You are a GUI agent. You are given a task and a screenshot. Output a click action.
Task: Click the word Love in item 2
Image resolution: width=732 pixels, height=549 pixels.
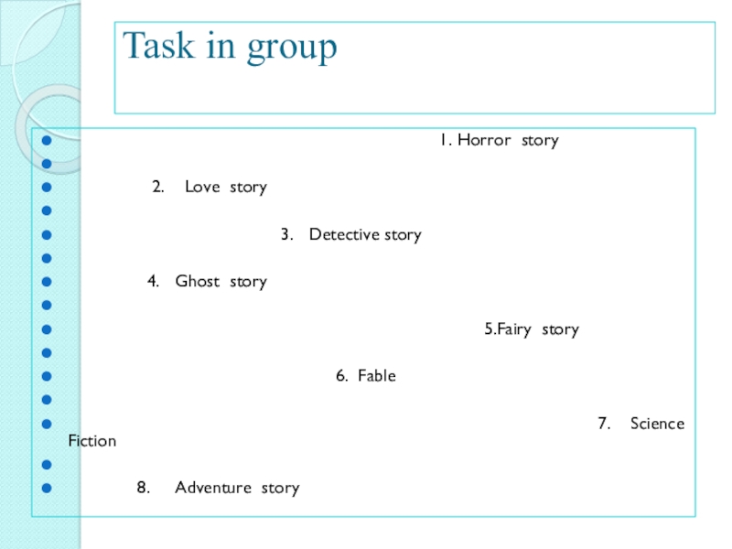coord(202,188)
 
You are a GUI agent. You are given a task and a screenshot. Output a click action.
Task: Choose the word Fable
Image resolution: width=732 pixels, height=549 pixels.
coord(377,376)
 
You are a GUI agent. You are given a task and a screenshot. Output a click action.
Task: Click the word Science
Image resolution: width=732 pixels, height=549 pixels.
coord(657,424)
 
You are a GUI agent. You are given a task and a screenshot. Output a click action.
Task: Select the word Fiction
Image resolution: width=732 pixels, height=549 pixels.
coord(92,441)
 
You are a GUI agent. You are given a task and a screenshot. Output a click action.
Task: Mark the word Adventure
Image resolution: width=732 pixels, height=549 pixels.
coord(213,488)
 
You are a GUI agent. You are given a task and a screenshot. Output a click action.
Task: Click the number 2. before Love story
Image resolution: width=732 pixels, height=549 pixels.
coord(157,188)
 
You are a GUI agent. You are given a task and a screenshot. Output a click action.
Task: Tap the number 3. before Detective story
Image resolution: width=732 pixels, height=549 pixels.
coord(286,234)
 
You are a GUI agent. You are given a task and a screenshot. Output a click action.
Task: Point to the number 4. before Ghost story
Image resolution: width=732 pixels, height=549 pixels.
coord(154,282)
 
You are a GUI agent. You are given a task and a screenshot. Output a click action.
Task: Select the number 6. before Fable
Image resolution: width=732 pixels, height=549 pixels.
coord(341,376)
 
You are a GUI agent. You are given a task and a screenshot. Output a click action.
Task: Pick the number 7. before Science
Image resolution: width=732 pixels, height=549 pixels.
coord(604,424)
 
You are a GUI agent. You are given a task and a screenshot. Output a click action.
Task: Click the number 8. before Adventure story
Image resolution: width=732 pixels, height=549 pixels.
coord(144,488)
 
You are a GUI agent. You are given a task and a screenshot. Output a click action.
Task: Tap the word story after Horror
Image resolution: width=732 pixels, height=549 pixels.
coord(540,140)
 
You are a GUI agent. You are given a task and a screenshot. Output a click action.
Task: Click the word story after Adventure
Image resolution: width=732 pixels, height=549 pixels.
coord(280,488)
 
